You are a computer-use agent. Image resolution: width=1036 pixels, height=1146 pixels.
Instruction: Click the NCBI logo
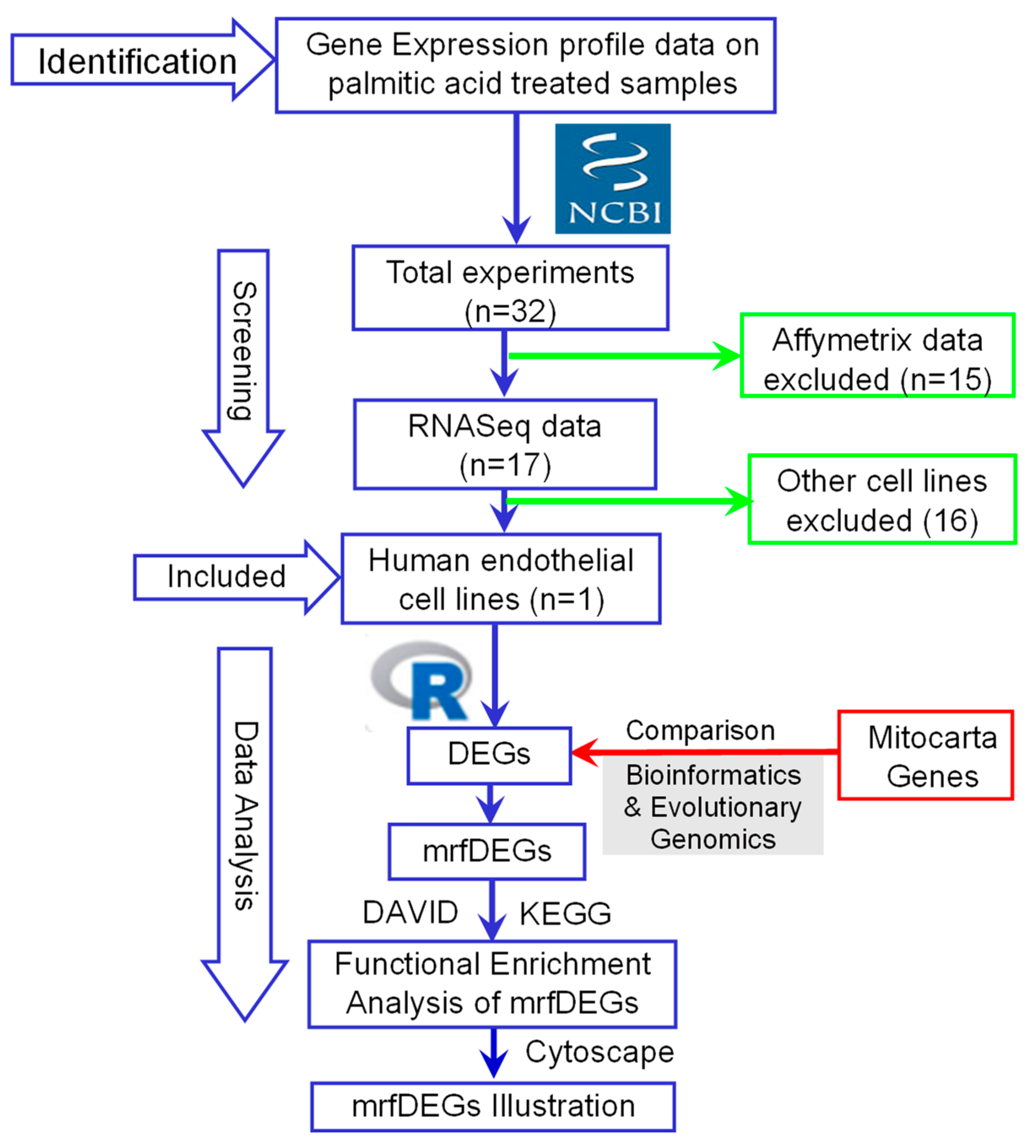(x=612, y=178)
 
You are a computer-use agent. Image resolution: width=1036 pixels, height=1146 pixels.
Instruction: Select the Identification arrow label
(x=137, y=62)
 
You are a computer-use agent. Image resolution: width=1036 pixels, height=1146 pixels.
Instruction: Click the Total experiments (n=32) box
(x=510, y=288)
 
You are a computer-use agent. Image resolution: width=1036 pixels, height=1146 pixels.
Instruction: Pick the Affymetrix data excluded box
(x=877, y=355)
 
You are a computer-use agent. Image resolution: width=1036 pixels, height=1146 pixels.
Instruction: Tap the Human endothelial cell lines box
(x=500, y=579)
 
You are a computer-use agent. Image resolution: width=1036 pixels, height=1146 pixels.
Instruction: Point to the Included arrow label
(x=226, y=577)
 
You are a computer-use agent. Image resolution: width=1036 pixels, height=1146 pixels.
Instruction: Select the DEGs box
(x=489, y=755)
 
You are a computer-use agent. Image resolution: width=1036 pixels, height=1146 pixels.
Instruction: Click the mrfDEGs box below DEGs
(x=487, y=852)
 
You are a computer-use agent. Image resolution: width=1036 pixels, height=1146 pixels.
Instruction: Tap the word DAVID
(x=410, y=912)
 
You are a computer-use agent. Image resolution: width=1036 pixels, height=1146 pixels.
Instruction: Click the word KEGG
(x=565, y=914)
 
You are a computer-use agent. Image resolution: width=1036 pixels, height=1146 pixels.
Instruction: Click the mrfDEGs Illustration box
(x=493, y=1106)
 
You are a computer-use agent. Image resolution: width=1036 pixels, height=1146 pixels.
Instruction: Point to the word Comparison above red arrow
(x=700, y=731)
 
